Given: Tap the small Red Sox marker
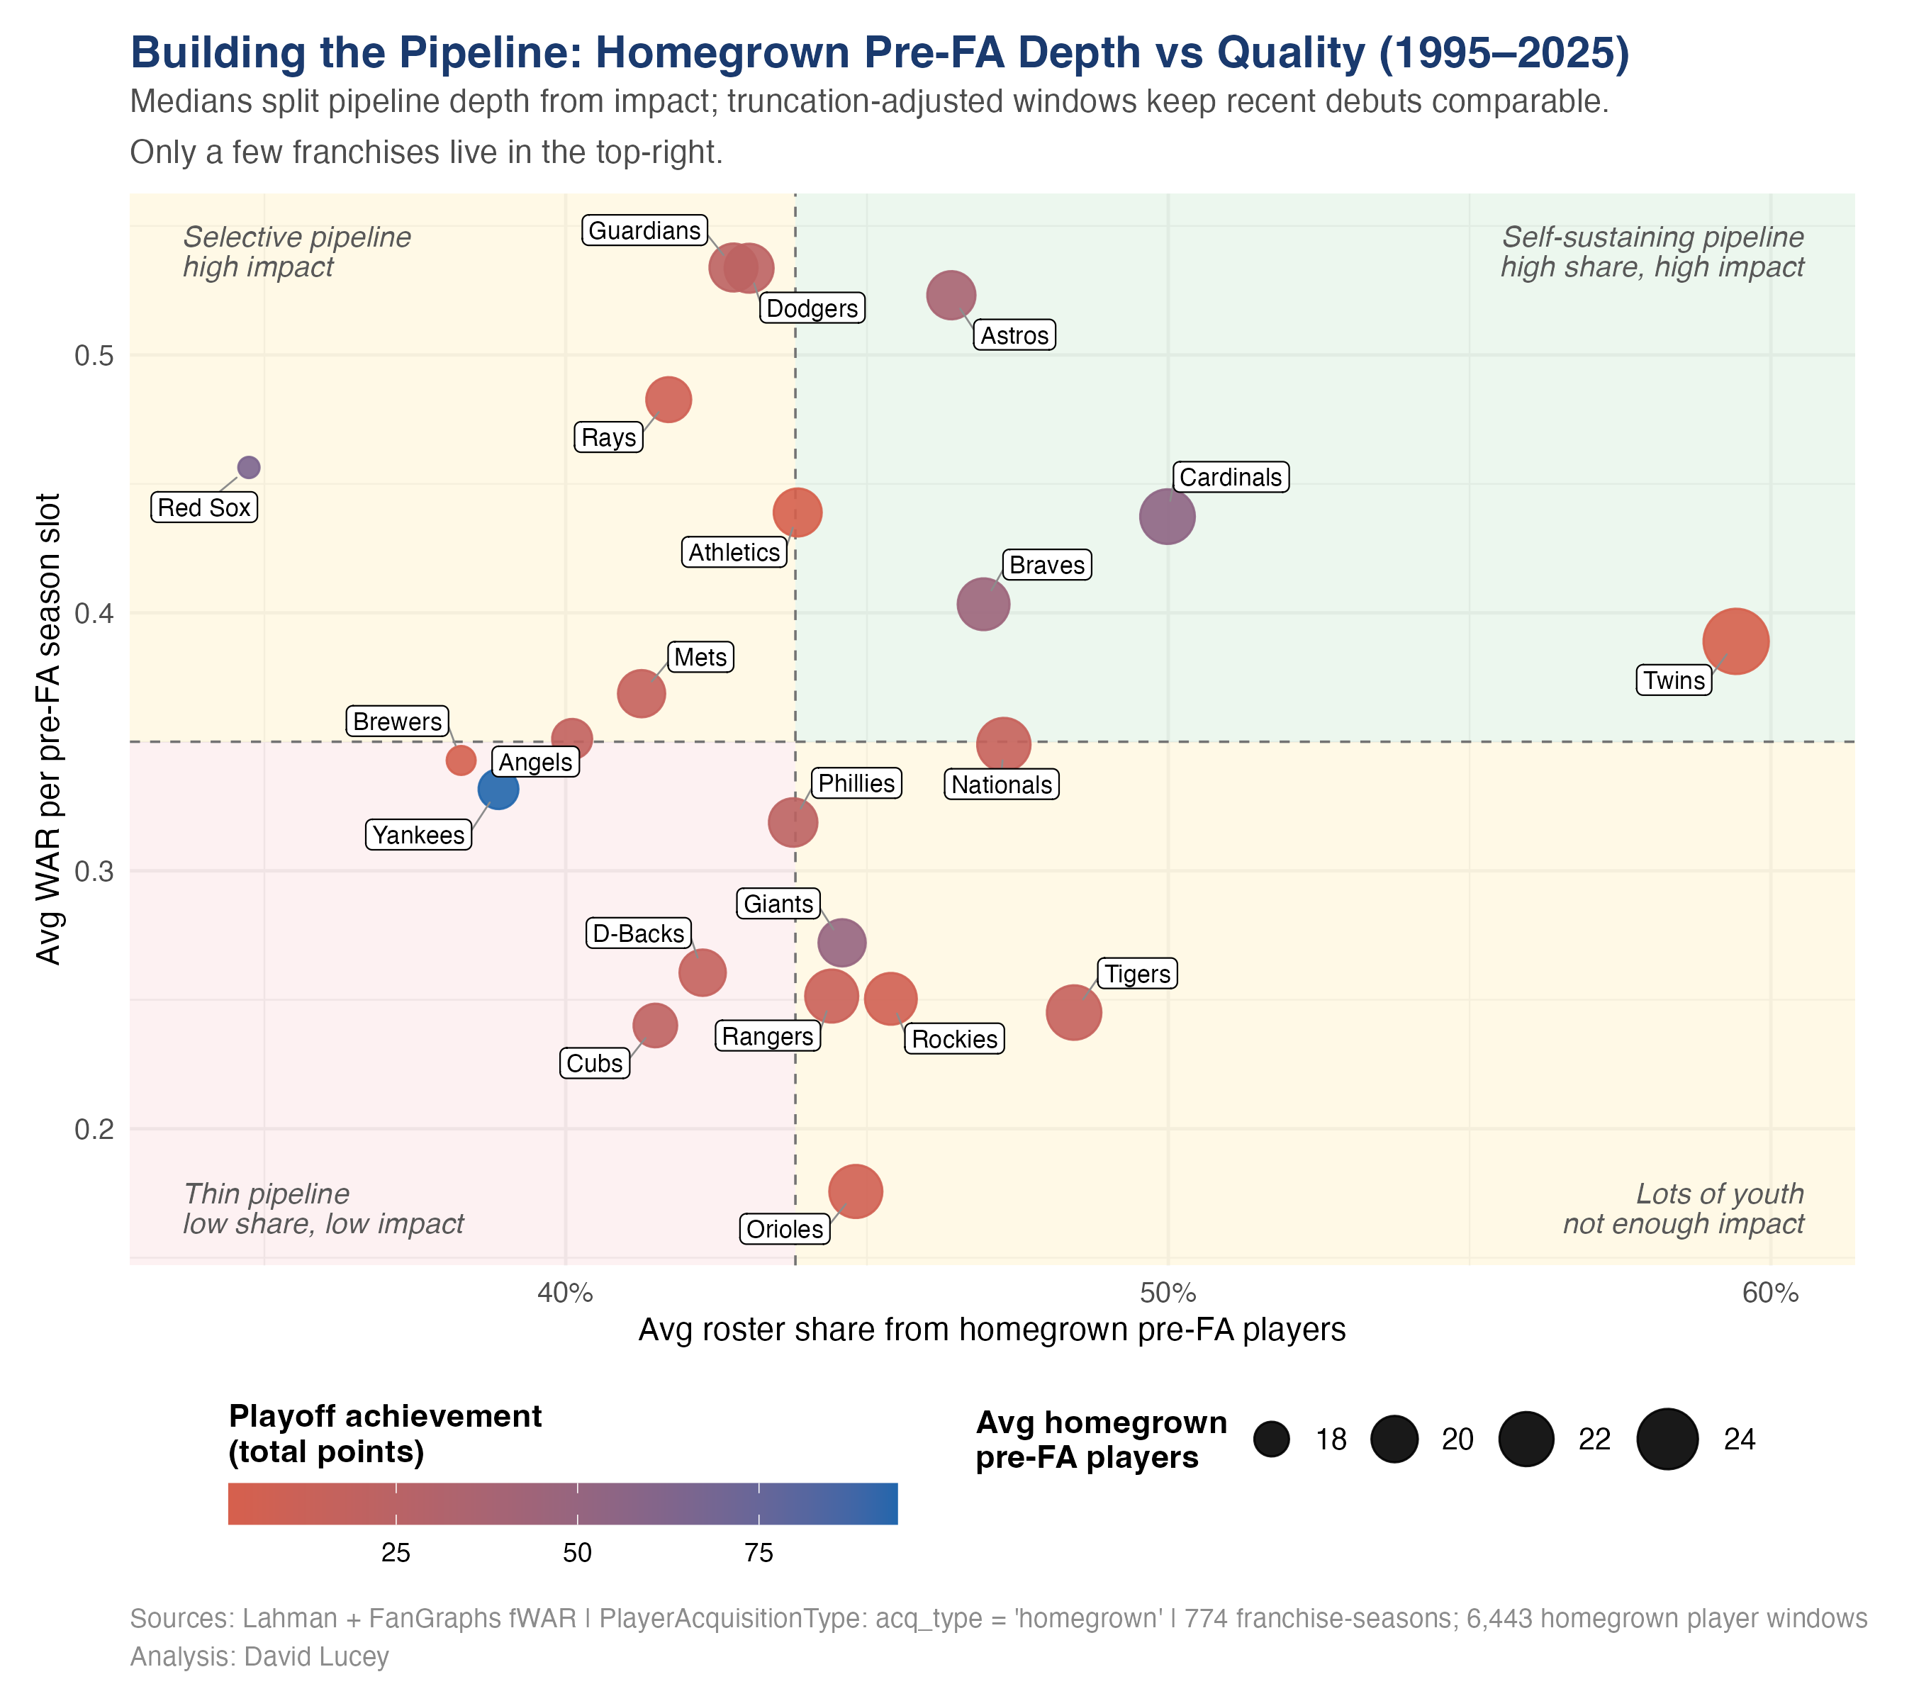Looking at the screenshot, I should (248, 467).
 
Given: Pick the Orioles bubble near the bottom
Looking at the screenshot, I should (855, 1191).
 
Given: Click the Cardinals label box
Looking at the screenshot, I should (1231, 478).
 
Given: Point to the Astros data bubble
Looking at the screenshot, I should (951, 296).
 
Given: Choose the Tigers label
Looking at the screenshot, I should (1137, 975).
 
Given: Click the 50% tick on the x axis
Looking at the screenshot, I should (1168, 1293).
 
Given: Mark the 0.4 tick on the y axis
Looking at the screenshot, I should (94, 613).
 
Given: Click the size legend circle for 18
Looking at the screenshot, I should (1272, 1439).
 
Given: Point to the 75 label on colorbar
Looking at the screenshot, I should (759, 1553).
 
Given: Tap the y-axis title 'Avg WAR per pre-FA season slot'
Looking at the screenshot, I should (49, 729).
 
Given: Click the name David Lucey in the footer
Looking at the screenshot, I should (316, 1657).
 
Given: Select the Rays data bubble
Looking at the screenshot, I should (668, 400).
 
